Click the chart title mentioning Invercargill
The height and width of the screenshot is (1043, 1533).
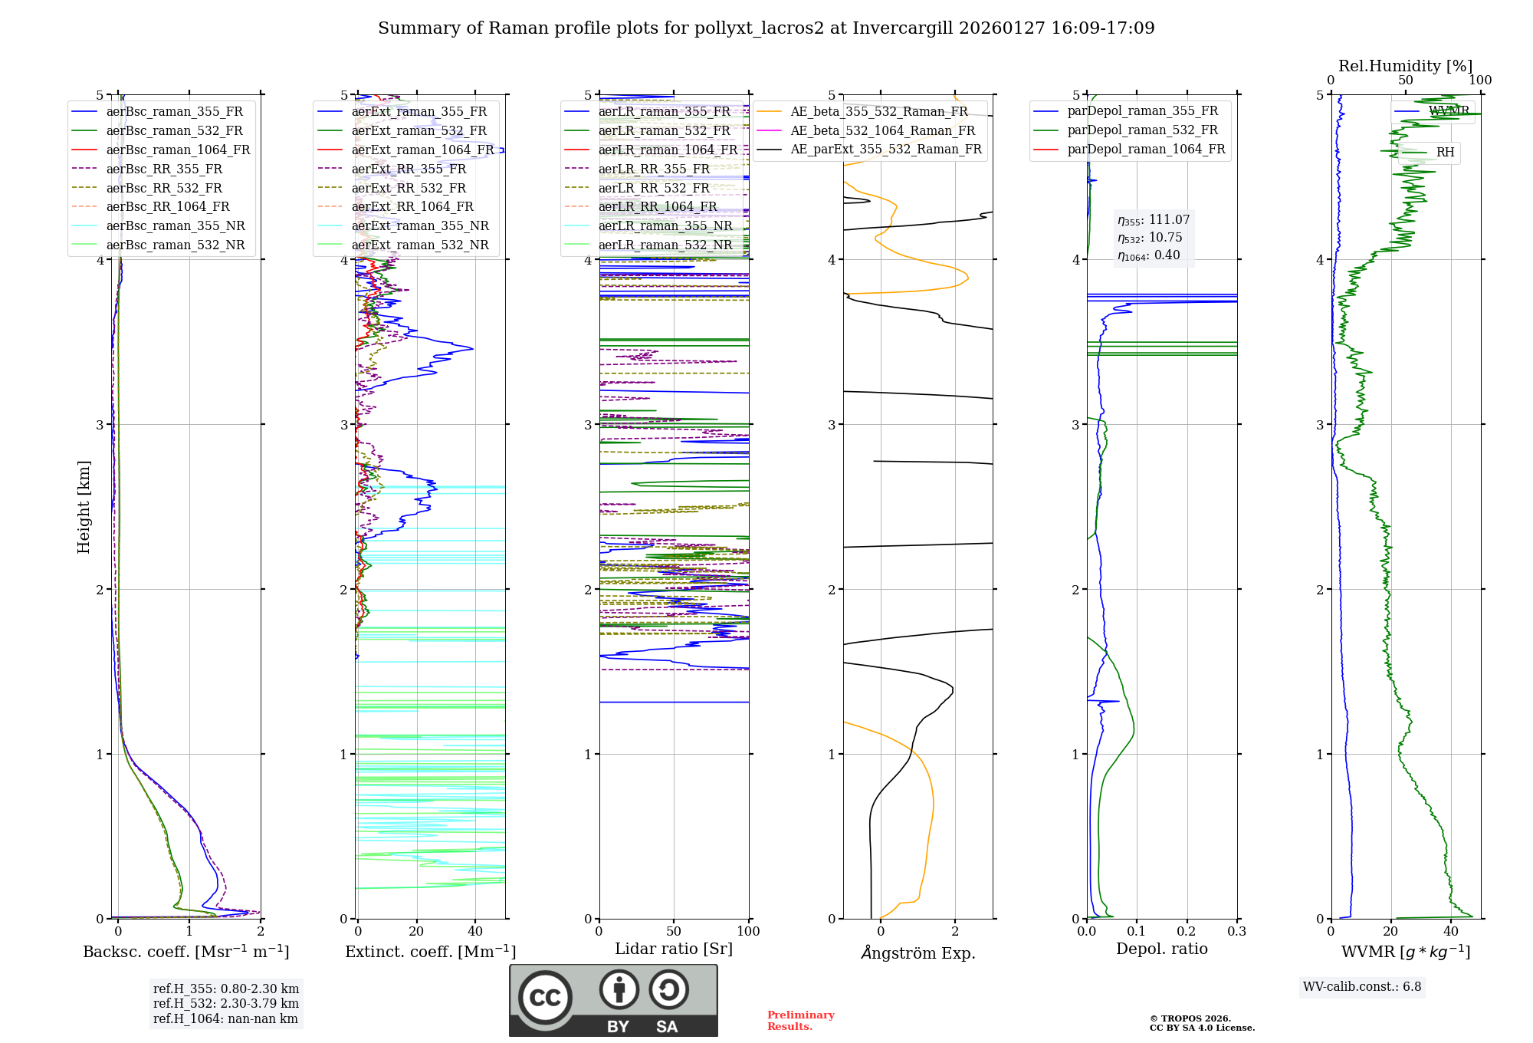pos(766,28)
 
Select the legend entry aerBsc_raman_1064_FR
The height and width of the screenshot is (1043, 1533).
pos(178,150)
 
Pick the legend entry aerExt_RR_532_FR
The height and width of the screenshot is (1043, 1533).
pos(409,188)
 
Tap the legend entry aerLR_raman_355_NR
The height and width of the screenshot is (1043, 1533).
pos(665,225)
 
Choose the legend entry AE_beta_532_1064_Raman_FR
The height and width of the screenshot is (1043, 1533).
pos(882,130)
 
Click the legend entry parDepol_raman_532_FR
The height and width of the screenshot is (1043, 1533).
pos(1142,130)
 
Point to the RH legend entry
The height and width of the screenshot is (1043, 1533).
pos(1445,153)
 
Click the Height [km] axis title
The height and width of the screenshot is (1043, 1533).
pos(84,507)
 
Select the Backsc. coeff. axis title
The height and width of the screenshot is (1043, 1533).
pos(185,952)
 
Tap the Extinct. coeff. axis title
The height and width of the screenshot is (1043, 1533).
pos(430,952)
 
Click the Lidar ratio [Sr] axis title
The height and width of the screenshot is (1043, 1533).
pos(674,949)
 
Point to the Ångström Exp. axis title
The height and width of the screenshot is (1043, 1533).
pos(918,953)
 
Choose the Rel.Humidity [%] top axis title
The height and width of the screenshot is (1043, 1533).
pos(1405,66)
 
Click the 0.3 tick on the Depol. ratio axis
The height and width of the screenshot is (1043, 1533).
pos(1236,932)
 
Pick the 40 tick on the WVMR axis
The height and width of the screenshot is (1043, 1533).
pos(1451,932)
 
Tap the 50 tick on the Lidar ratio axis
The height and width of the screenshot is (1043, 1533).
pos(674,932)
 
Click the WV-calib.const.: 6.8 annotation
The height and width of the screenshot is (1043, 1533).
pos(1362,987)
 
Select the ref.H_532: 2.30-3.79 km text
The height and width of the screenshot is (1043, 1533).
pos(226,1003)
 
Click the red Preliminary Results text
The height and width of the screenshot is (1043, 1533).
pos(800,1021)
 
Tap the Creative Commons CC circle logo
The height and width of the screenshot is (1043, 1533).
pos(545,997)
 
